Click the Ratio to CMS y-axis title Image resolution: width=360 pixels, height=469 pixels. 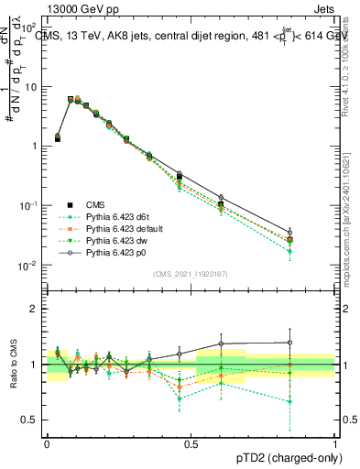click(x=15, y=365)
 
